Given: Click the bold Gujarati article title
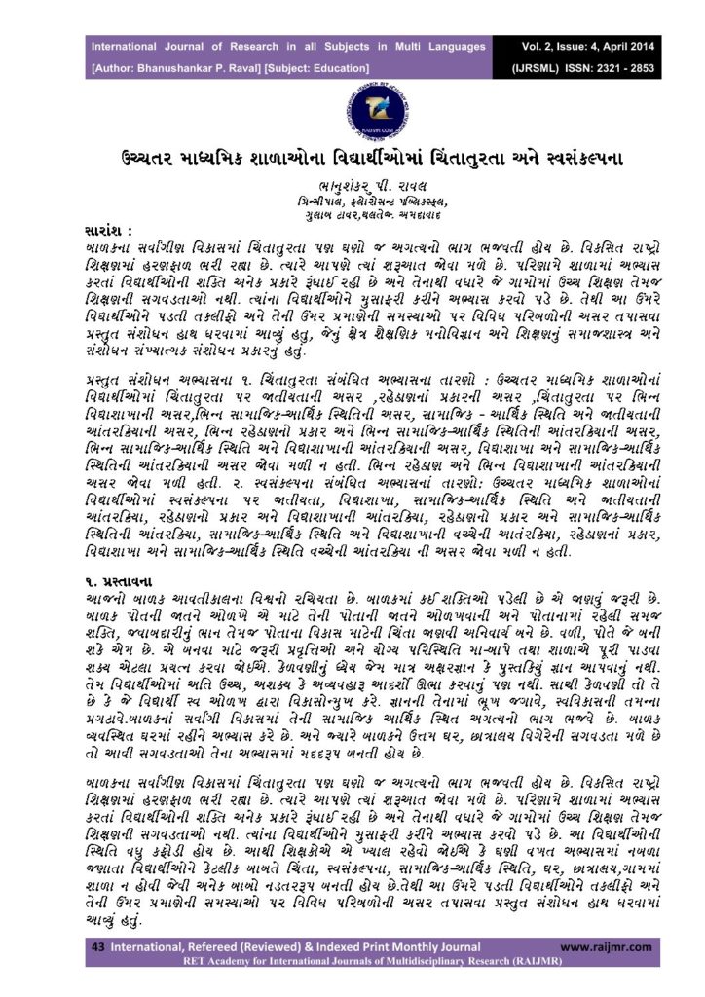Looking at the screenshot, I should (352, 157).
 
